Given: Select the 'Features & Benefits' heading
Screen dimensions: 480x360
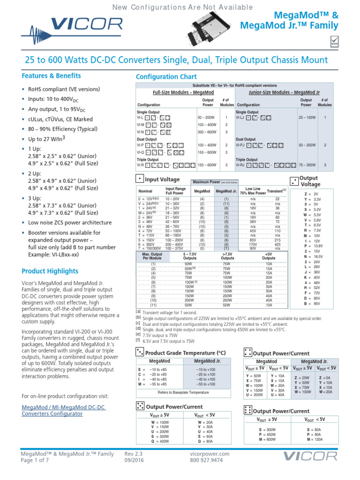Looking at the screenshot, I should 52,76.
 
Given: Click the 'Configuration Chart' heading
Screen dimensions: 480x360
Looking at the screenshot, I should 166,77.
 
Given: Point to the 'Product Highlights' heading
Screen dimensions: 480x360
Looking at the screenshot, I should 50,271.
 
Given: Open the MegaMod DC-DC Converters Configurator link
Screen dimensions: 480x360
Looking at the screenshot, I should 63,410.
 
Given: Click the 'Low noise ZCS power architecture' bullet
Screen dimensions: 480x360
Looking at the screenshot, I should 69,223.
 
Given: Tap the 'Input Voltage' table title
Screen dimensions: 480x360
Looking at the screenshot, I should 162,180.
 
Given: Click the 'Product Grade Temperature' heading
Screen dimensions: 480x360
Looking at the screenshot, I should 186,352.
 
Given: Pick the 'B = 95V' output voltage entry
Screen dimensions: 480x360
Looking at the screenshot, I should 312,303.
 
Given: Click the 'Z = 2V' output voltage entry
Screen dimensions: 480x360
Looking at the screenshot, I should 312,194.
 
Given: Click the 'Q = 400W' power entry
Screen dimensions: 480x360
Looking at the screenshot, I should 160,441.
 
